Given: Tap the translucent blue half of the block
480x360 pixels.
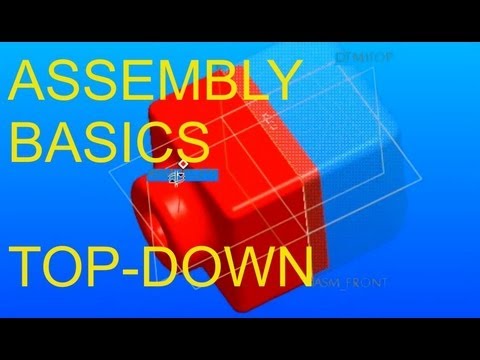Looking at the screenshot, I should click(x=360, y=170).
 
